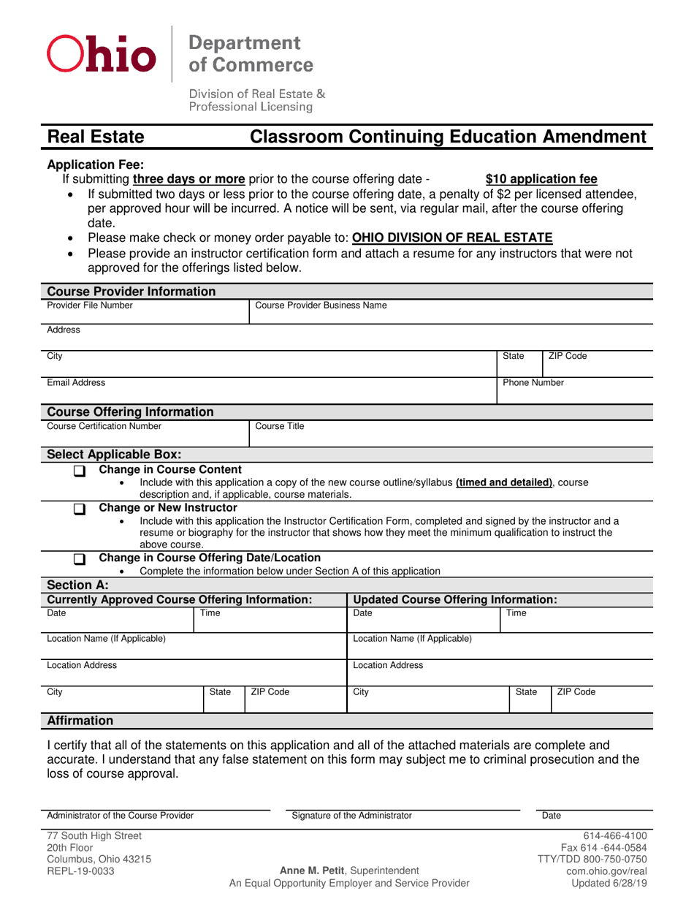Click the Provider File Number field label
point(81,305)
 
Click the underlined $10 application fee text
point(541,178)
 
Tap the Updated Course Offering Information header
point(455,599)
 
